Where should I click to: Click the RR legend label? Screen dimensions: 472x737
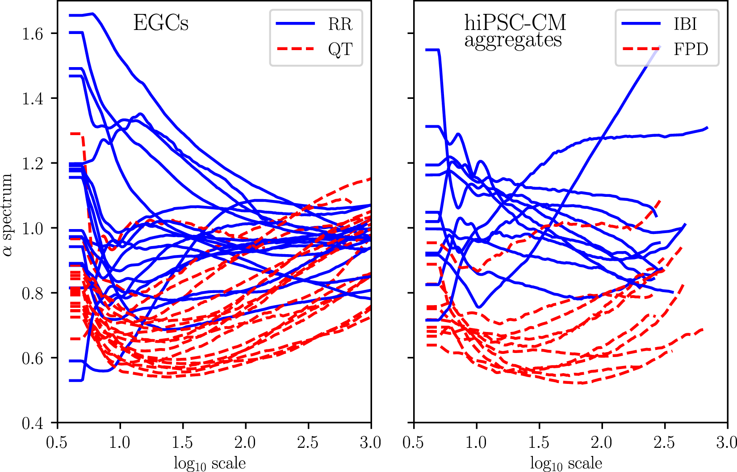coord(340,24)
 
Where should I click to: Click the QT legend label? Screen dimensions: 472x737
coord(340,49)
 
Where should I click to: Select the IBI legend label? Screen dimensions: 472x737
coord(685,24)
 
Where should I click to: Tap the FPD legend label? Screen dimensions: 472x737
coord(691,49)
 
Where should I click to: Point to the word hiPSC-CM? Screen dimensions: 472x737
coord(515,22)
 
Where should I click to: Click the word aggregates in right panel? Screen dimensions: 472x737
coord(513,41)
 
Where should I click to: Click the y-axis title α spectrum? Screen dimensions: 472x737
coord(8,215)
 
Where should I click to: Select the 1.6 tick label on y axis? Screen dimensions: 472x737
coord(32,34)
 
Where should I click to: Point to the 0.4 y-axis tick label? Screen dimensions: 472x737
coord(32,423)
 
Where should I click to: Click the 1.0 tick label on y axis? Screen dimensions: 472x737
coord(32,228)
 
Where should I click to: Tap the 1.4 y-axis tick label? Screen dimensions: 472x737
coord(32,98)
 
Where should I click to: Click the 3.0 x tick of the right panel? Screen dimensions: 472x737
coord(725,443)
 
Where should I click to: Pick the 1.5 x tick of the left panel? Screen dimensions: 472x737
coord(182,443)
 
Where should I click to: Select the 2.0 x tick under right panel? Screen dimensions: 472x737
coord(601,443)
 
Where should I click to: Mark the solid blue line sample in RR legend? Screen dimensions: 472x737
coord(295,24)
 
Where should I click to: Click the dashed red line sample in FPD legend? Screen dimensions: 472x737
coord(641,49)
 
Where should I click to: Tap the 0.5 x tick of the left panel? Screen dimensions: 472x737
coord(57,443)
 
